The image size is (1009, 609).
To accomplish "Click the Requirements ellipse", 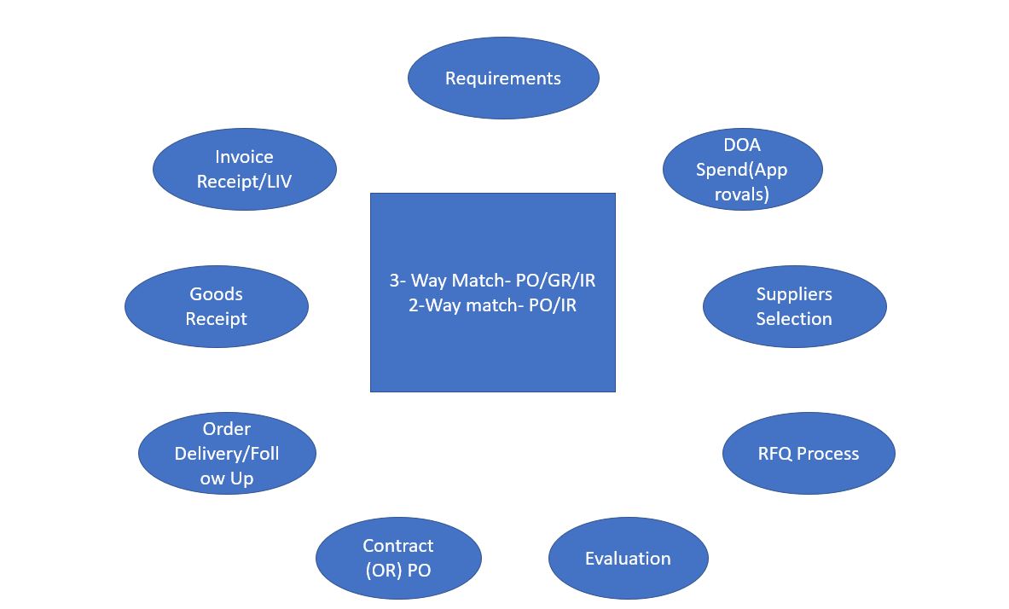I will point(503,78).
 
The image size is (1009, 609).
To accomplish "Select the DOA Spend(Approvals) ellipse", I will point(742,169).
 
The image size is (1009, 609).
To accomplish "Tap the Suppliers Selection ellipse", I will point(794,306).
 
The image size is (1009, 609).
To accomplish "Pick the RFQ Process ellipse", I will point(809,454).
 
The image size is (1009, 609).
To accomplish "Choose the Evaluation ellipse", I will point(628,559).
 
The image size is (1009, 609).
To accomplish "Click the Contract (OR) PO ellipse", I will point(398,558).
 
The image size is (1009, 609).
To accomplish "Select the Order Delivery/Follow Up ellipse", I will point(227,454).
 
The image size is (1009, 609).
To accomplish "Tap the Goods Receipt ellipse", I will point(216,306).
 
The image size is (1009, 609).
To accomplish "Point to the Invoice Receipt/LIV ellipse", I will point(244,169).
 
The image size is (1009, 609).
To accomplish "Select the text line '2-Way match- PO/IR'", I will point(492,304).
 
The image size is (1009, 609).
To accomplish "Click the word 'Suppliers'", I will point(794,294).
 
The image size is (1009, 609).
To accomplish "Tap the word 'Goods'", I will point(216,294).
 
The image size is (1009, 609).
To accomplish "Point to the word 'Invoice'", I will point(244,157).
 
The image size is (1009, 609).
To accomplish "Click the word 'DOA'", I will point(742,145).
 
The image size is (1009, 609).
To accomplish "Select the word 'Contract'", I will point(398,546).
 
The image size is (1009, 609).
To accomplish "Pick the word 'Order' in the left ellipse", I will point(227,429).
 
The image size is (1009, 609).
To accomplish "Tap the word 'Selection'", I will point(794,319).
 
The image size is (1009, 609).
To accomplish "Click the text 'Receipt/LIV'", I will point(244,182).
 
